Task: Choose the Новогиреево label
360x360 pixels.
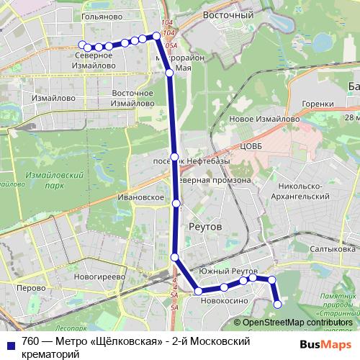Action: tap(100, 275)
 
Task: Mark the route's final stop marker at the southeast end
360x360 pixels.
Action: tap(278, 305)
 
